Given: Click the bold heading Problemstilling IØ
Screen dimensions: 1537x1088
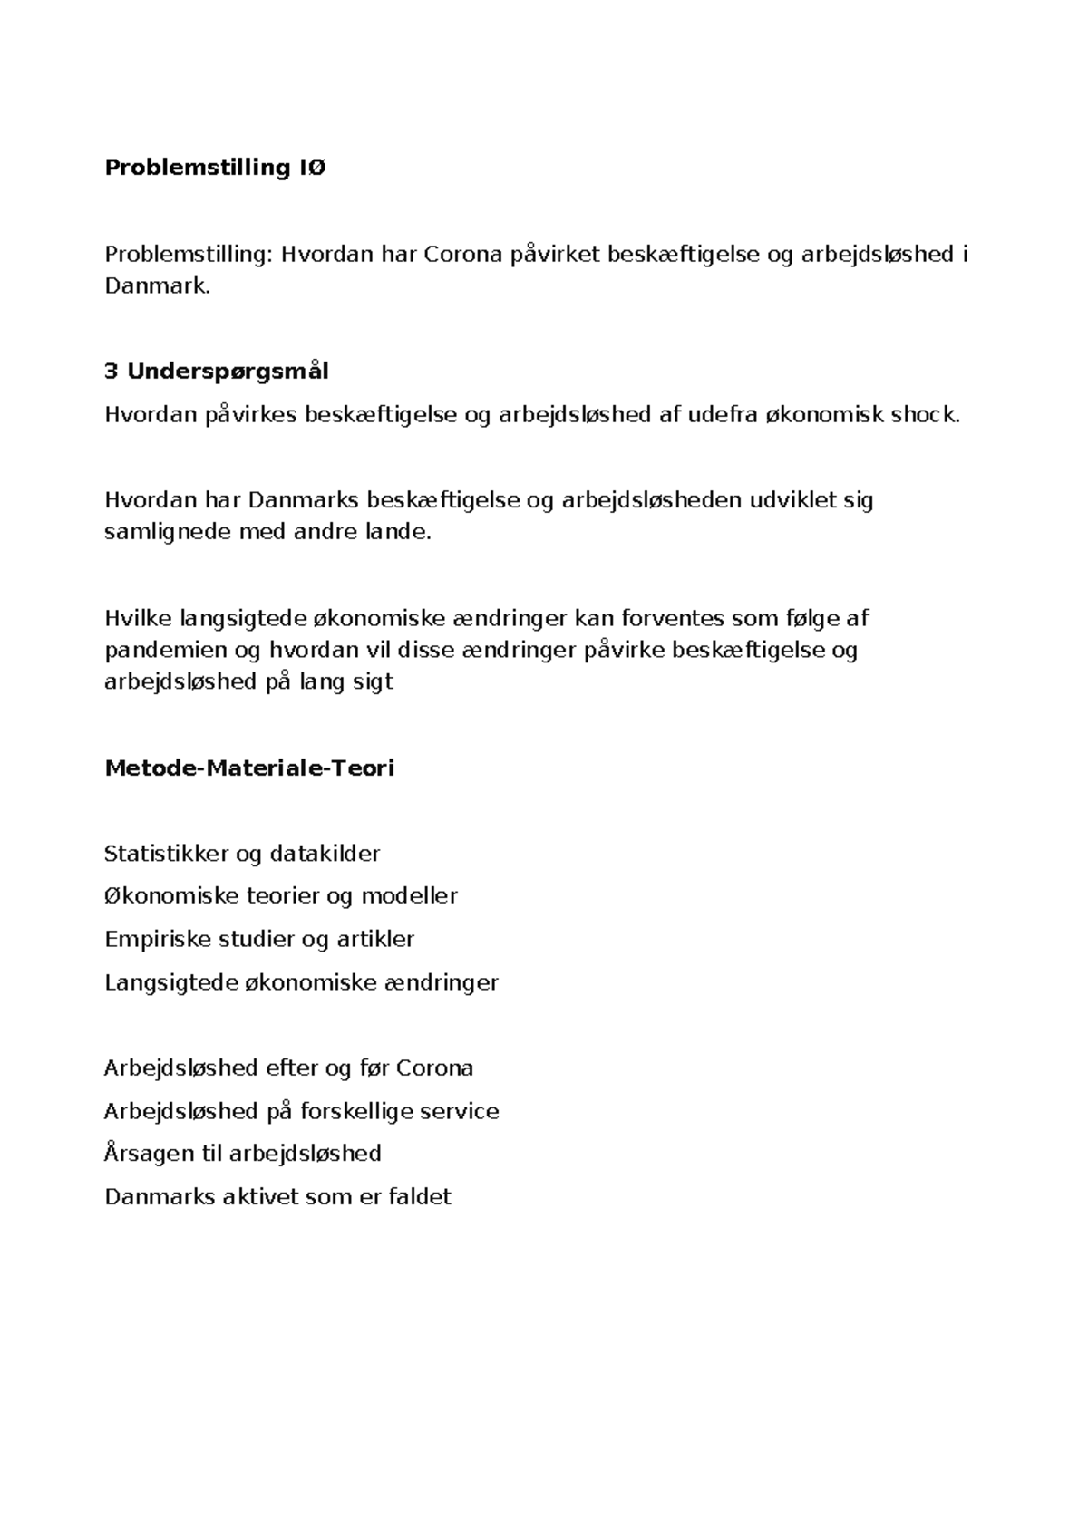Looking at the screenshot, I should (x=215, y=168).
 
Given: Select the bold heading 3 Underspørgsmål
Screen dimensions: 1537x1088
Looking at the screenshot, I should (x=217, y=372).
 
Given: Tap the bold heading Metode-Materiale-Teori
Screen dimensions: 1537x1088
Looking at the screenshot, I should (x=249, y=768).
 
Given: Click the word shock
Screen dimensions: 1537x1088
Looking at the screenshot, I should (x=924, y=415).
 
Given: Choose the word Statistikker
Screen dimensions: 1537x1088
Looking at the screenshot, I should (x=166, y=854).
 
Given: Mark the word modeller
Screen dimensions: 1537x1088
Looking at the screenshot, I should (x=409, y=896).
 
